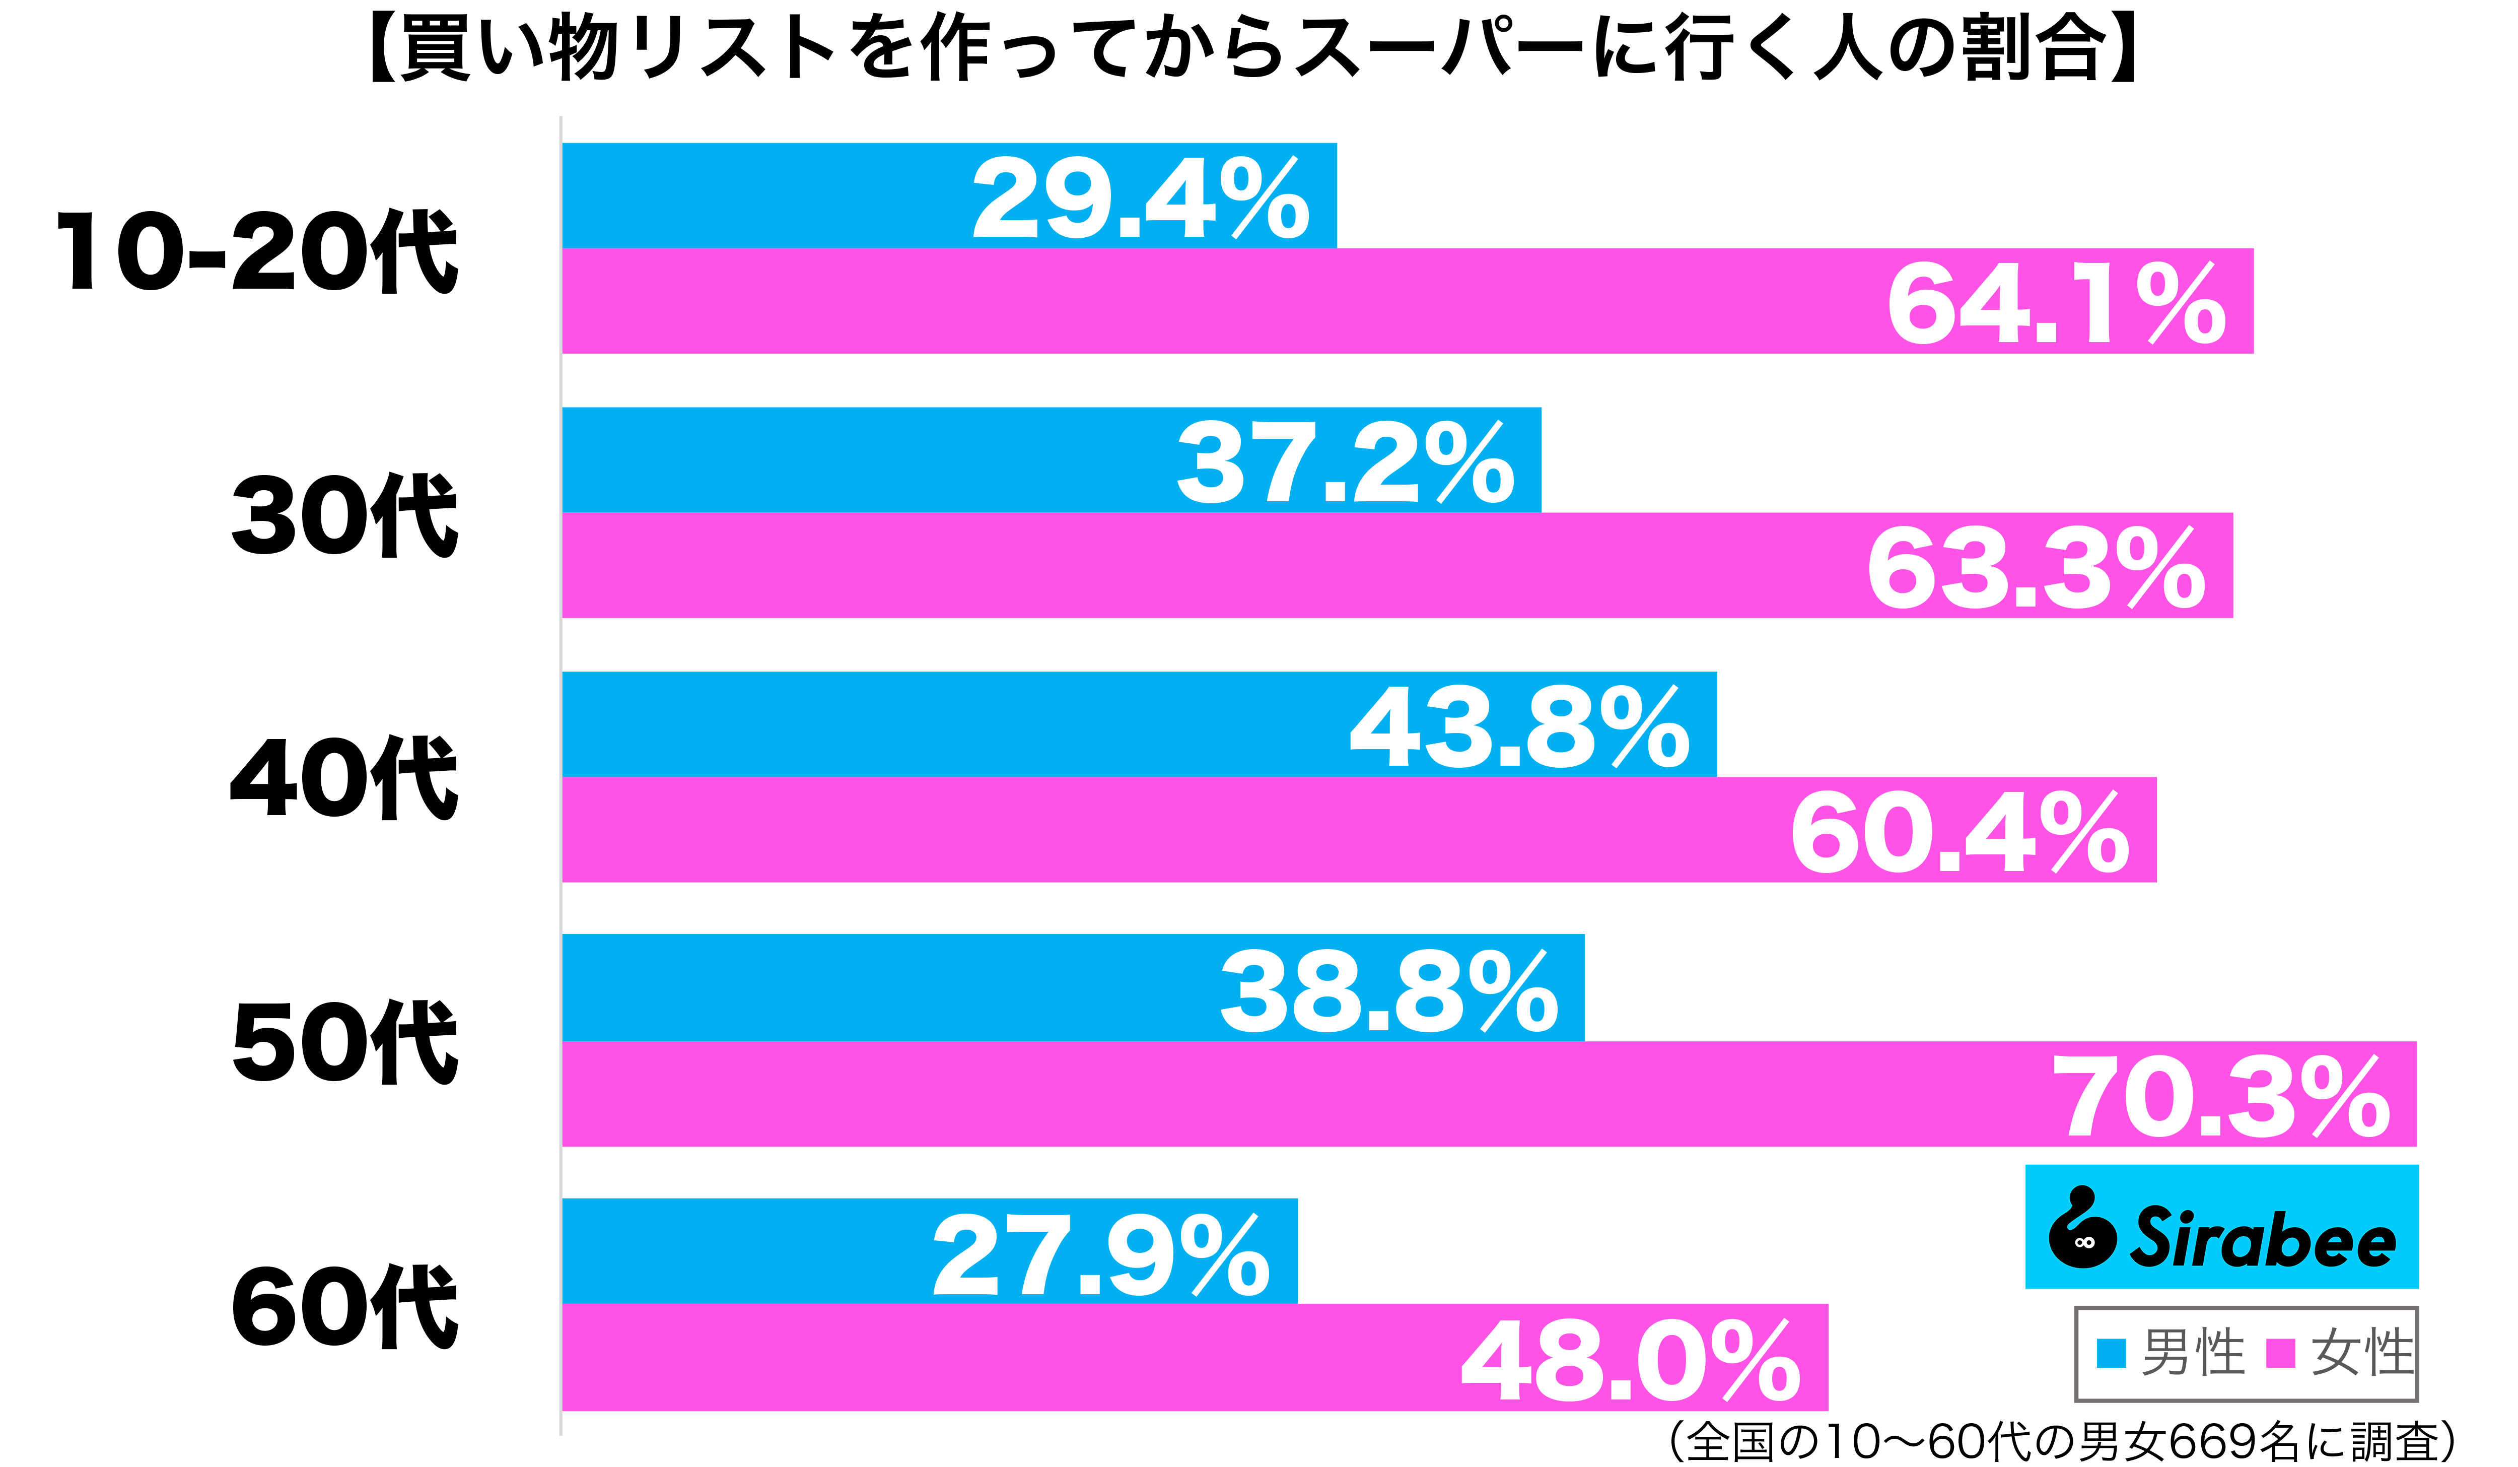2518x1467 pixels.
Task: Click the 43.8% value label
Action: click(x=1519, y=728)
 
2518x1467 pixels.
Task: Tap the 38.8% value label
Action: click(x=1388, y=992)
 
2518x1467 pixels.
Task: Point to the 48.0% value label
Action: click(x=1631, y=1362)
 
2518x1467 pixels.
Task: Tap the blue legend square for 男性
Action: click(x=2110, y=1353)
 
